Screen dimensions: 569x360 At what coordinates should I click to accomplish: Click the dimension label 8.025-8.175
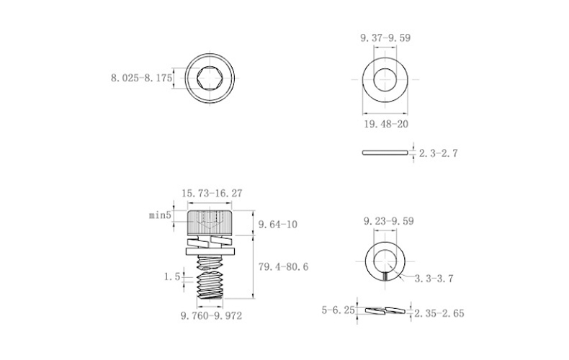coord(141,78)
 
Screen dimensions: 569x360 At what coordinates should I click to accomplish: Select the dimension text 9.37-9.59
coord(385,37)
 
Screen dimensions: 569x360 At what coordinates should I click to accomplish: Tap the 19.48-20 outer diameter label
coord(386,124)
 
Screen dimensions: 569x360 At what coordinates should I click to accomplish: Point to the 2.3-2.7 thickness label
coord(439,153)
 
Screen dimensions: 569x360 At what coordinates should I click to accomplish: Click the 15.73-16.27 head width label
coord(212,193)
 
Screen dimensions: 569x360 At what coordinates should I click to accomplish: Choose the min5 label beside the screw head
coord(160,215)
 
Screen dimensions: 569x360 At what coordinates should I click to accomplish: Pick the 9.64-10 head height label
coord(277,224)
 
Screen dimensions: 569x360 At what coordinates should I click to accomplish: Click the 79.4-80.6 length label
coord(283,266)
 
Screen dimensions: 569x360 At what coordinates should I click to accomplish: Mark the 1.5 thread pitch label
coord(172,277)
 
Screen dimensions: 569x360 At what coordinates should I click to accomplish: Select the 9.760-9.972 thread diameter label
coord(212,316)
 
